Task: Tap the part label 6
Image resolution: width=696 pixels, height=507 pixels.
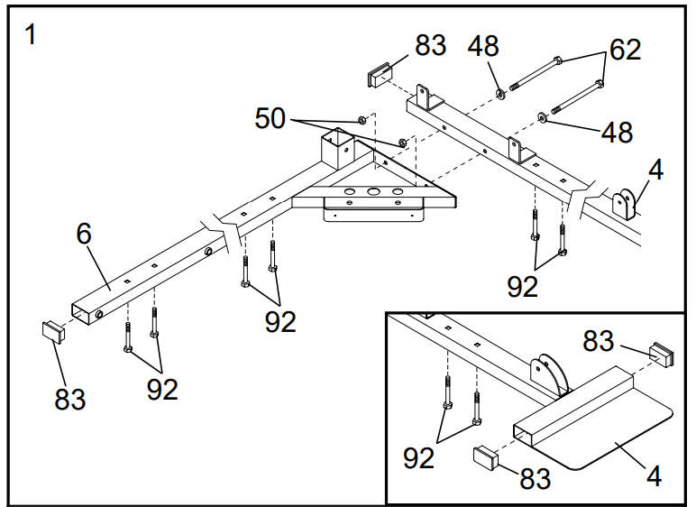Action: (x=85, y=235)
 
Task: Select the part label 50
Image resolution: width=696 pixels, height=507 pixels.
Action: (x=271, y=117)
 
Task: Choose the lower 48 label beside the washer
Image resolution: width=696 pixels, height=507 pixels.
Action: (x=617, y=133)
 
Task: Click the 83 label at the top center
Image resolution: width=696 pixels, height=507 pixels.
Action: (x=430, y=45)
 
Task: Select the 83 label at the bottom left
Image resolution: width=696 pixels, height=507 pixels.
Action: (x=69, y=397)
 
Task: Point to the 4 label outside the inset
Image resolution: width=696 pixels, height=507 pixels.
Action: (x=655, y=171)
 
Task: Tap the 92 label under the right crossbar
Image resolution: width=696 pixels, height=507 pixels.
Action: (x=523, y=286)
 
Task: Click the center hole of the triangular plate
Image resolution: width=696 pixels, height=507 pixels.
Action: (x=371, y=192)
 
